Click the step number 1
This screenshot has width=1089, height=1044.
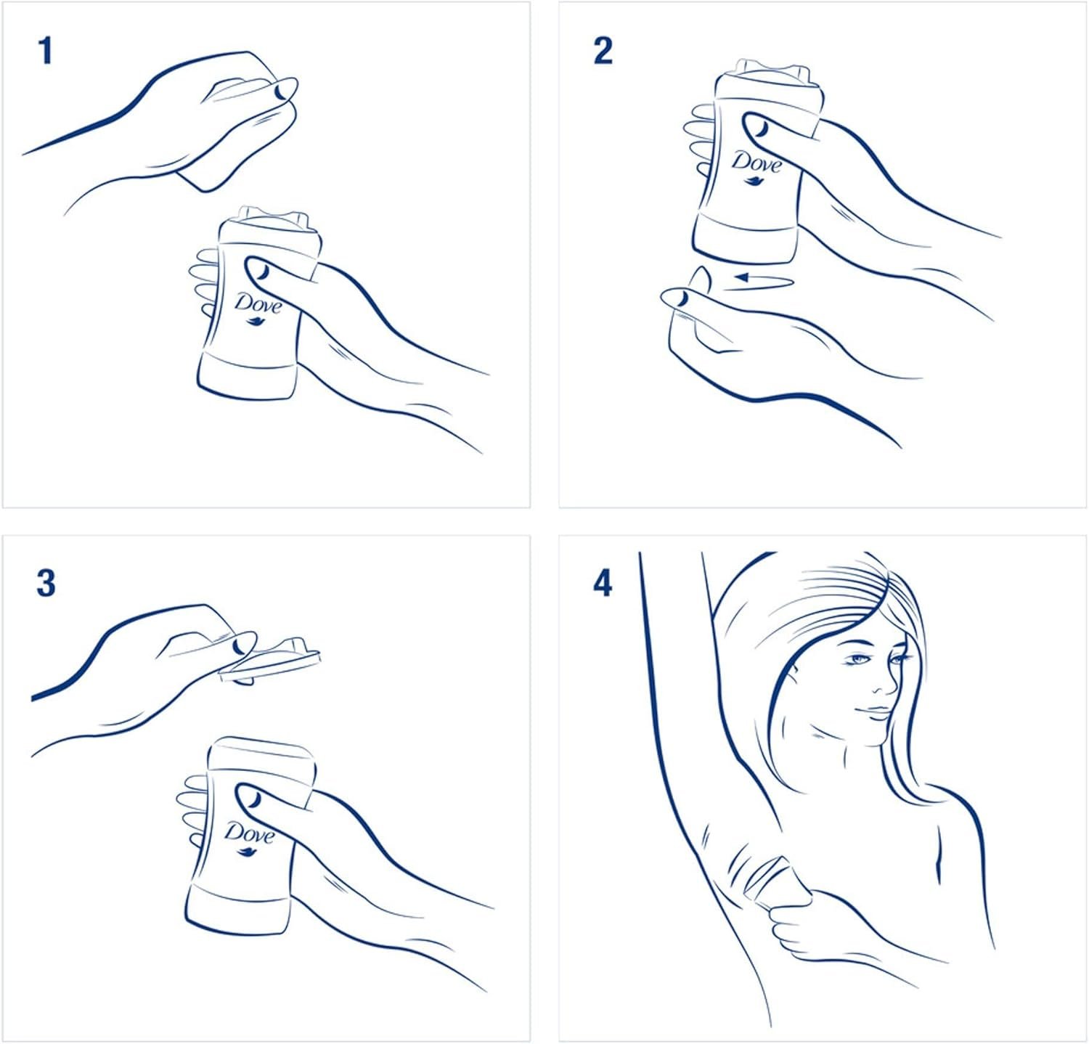(x=46, y=51)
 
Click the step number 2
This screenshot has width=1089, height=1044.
(x=603, y=51)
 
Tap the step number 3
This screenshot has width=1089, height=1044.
(x=46, y=583)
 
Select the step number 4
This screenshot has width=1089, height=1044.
(x=603, y=583)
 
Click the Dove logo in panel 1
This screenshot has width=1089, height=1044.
(x=257, y=308)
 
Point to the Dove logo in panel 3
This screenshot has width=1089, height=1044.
(x=248, y=835)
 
